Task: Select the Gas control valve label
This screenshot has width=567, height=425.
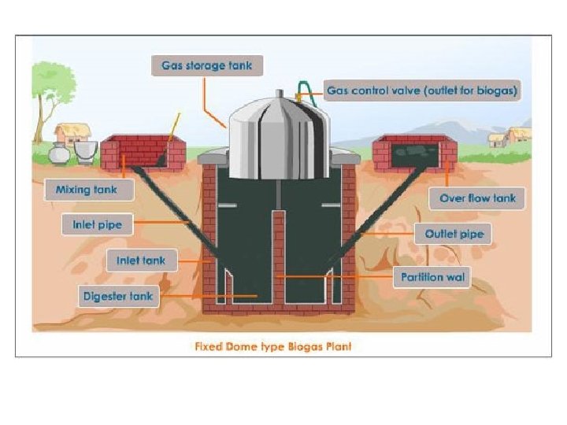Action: pyautogui.click(x=423, y=91)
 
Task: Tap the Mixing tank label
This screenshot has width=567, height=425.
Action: pyautogui.click(x=85, y=190)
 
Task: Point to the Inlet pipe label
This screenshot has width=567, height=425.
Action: pyautogui.click(x=98, y=224)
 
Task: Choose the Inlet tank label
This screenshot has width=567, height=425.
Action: pyautogui.click(x=142, y=260)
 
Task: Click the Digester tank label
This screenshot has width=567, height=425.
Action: pyautogui.click(x=119, y=296)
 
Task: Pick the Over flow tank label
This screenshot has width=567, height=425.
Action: pyautogui.click(x=476, y=199)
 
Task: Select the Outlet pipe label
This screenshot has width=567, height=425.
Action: pyautogui.click(x=453, y=234)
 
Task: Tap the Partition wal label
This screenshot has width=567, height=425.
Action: pyautogui.click(x=431, y=277)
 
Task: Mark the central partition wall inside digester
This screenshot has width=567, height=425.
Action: pyautogui.click(x=277, y=256)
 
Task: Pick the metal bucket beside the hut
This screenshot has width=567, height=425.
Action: pyautogui.click(x=83, y=150)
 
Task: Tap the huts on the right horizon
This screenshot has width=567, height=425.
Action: pyautogui.click(x=508, y=138)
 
